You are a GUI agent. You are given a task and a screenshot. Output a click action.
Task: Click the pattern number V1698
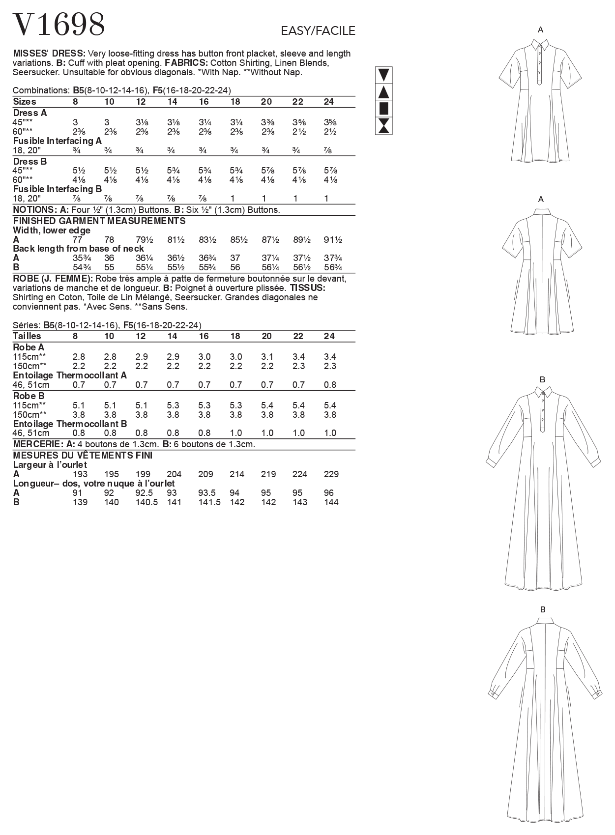tap(59, 25)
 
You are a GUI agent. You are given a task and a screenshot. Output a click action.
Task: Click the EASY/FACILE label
tap(318, 31)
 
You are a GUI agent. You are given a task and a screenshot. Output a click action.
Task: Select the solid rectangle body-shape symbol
tap(383, 109)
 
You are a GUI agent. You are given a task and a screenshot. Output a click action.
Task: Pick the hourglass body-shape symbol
tap(383, 126)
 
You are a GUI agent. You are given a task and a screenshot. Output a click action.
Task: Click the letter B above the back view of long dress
tap(543, 609)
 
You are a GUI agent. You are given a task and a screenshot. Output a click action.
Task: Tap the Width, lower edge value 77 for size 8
tap(77, 240)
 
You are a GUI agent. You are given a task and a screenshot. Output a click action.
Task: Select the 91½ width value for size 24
tap(333, 240)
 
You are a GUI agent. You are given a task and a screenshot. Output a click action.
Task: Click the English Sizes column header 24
tap(329, 102)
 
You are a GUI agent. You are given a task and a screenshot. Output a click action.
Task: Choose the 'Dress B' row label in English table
tap(29, 161)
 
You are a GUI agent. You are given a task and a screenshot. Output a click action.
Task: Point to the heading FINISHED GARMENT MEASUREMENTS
tap(99, 221)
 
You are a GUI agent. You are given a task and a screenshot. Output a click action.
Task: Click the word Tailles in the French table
tap(27, 336)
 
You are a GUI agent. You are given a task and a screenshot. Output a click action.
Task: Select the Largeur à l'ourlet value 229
tap(331, 474)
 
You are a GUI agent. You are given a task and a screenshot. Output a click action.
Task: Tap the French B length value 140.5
tap(146, 502)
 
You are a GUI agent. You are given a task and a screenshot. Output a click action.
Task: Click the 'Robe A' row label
tap(29, 347)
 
